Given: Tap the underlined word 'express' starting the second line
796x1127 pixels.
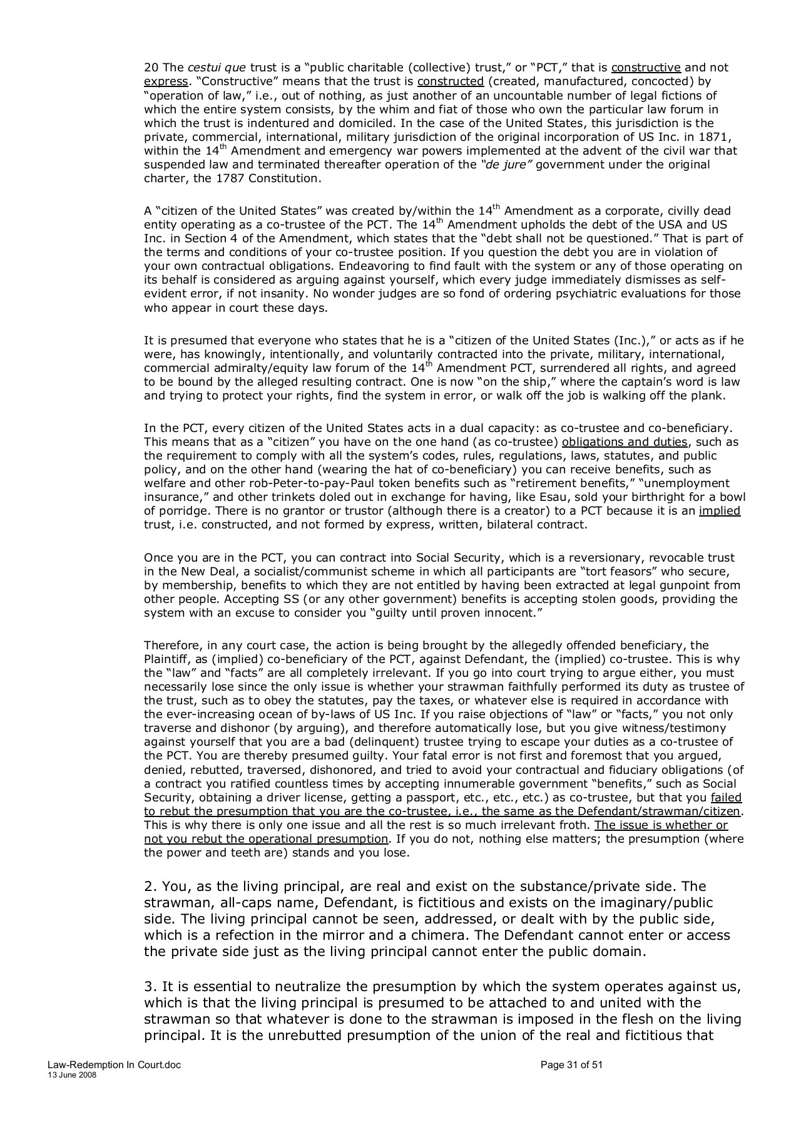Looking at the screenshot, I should coord(165,81).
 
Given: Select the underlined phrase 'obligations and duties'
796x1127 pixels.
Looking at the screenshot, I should coord(625,442).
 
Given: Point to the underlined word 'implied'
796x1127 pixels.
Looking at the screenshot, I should coord(720,511).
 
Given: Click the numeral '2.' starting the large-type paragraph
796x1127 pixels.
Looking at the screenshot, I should coord(150,887).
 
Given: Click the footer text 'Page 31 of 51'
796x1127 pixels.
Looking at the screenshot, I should coord(571,1065).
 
